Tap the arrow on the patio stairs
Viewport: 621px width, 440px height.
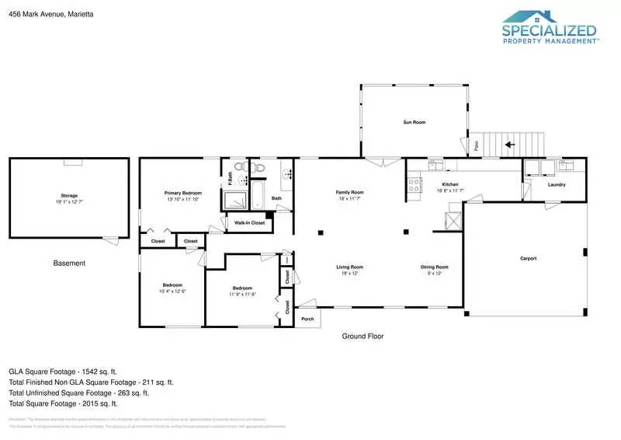point(510,144)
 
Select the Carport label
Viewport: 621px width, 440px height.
point(528,258)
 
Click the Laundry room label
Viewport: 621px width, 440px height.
point(556,185)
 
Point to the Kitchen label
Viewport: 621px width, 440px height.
point(450,185)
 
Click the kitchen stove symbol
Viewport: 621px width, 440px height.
point(415,185)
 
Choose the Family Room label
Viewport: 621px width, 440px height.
point(349,193)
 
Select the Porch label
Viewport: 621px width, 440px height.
point(307,319)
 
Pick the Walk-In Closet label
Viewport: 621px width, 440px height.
point(249,223)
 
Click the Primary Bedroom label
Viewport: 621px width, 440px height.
point(182,193)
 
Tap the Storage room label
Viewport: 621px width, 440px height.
point(69,195)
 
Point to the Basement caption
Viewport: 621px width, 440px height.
point(69,264)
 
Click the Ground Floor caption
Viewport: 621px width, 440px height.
point(363,337)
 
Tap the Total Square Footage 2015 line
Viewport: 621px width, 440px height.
point(63,403)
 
